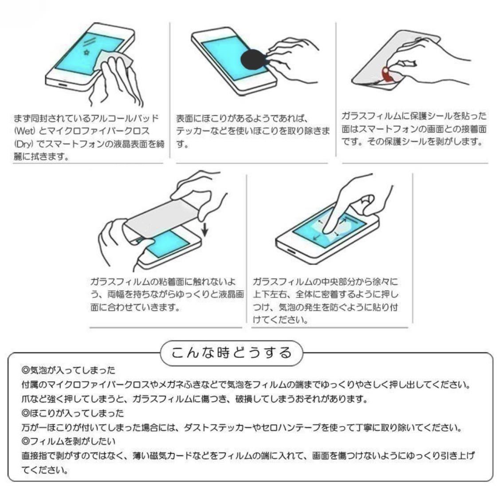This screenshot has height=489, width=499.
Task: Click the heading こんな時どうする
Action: click(232, 352)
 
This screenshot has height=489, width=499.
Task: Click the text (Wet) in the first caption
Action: click(25, 131)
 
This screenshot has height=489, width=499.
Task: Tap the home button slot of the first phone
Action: click(63, 84)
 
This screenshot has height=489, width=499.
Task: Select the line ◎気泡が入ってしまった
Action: click(68, 370)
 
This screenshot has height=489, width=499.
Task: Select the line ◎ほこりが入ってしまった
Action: click(73, 413)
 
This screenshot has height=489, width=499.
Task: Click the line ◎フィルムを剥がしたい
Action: click(68, 441)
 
